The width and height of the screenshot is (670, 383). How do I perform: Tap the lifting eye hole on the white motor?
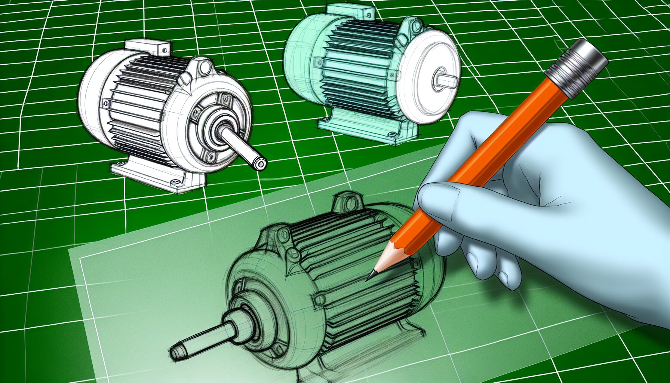205,68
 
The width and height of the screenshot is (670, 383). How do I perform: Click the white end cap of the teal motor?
430,75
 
